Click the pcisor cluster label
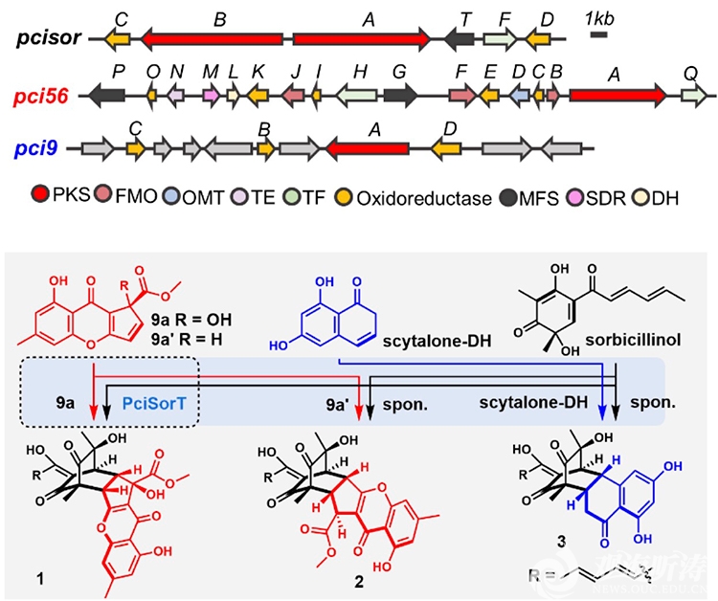click(47, 41)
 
